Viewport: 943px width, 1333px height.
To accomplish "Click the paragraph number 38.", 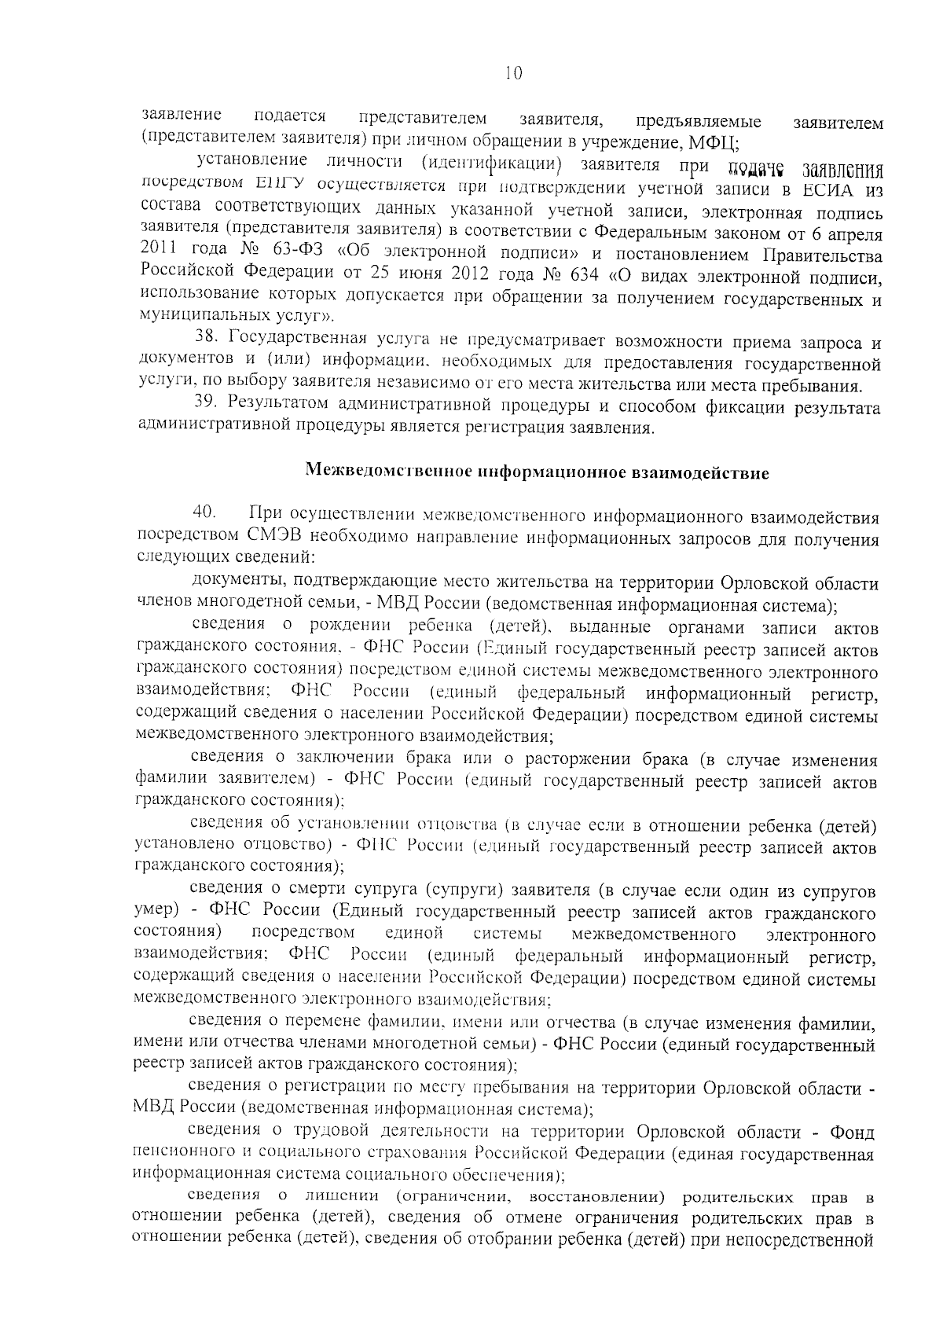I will [204, 342].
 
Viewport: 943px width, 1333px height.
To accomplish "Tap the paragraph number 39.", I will [204, 406].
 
